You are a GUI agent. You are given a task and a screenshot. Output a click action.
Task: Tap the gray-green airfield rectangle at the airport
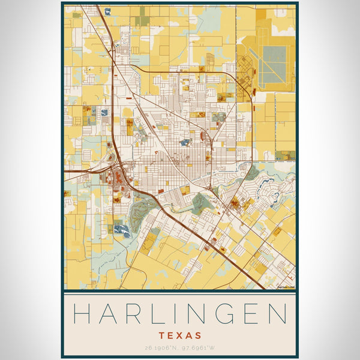click(x=275, y=59)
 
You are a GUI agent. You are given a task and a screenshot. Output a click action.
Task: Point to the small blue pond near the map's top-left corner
click(x=107, y=11)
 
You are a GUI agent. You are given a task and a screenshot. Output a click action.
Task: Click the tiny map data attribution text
click(x=286, y=287)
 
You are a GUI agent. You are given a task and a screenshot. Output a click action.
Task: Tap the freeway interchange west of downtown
click(x=114, y=170)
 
